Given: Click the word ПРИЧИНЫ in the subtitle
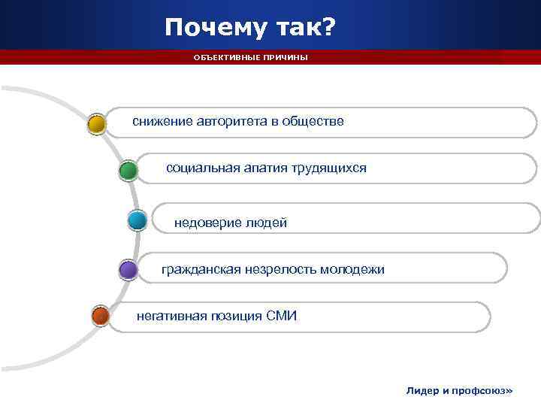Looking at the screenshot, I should pyautogui.click(x=285, y=58).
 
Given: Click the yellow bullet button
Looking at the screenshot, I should pyautogui.click(x=96, y=123).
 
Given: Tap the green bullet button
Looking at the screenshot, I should pyautogui.click(x=128, y=171).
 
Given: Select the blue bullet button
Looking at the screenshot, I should pyautogui.click(x=138, y=220).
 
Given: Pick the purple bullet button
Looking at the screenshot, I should pyautogui.click(x=128, y=269).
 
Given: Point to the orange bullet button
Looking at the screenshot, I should pyautogui.click(x=100, y=317).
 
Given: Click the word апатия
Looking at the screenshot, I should pyautogui.click(x=263, y=168).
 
